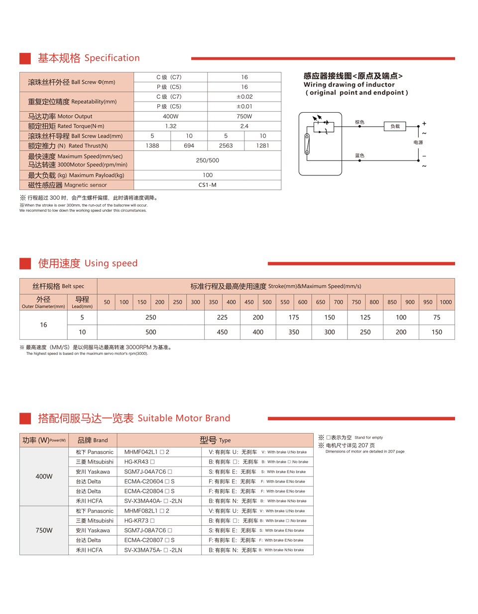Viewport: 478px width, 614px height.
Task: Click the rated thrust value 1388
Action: pos(152,146)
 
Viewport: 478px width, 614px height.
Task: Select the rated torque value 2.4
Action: pos(244,126)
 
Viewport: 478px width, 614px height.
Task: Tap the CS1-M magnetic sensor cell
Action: pos(208,185)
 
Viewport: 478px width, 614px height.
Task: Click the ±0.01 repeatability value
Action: pos(244,106)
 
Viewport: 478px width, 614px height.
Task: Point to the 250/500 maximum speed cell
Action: pos(208,160)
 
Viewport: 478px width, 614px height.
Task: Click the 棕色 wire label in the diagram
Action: pos(359,122)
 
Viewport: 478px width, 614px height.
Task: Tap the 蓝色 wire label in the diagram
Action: pos(359,155)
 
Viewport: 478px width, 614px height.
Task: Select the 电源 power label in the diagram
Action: pos(418,143)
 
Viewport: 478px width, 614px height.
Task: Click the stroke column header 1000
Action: pos(446,302)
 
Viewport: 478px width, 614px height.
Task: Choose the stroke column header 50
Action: pos(107,302)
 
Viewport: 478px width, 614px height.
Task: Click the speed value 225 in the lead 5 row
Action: pos(222,317)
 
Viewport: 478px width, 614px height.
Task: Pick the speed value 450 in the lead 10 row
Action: pos(222,332)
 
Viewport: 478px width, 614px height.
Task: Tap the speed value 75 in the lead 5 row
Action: pos(437,317)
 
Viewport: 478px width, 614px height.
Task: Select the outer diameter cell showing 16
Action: pos(43,324)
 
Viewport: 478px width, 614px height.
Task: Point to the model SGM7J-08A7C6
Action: pos(148,530)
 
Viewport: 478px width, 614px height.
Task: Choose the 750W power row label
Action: pos(44,530)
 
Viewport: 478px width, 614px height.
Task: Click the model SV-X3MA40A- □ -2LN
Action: pos(153,501)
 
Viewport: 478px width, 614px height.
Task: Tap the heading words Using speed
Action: pos(111,263)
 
